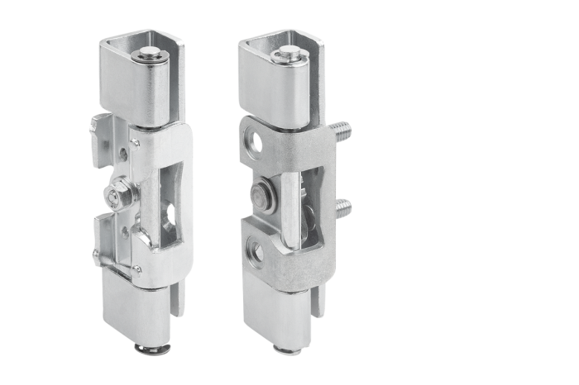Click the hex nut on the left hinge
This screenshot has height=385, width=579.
113,197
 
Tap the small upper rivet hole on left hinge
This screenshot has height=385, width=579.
124,153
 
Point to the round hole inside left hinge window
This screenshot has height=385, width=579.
170,219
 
